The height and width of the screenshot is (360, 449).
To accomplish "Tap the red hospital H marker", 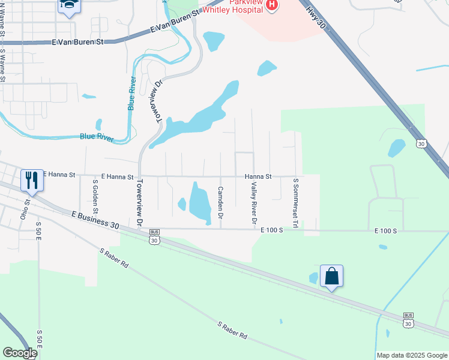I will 272,5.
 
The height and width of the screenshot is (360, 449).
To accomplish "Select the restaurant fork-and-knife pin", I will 32,180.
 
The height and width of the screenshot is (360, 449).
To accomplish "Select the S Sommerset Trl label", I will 295,202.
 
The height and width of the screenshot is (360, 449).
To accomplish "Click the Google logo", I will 20,353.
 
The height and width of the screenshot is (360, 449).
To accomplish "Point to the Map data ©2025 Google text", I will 411,355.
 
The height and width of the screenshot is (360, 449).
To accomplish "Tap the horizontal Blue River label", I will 97,137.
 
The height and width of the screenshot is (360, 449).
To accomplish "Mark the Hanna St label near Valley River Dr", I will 258,176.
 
